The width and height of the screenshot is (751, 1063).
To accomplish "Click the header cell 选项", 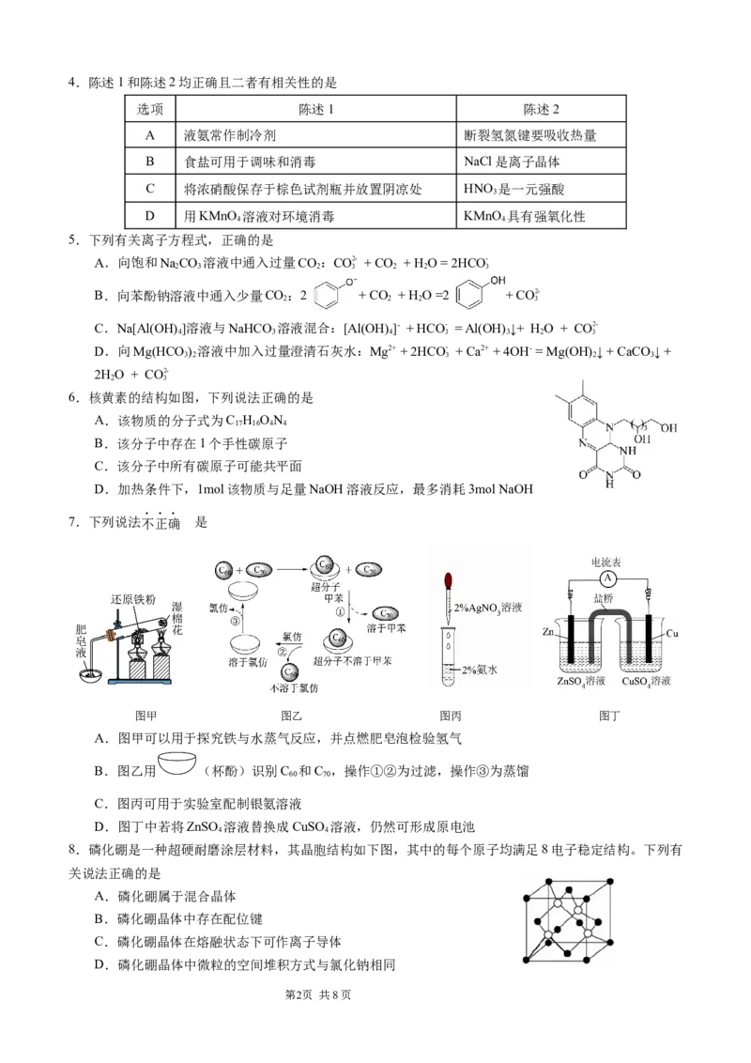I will pos(150,109).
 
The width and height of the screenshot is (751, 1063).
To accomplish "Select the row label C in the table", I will pos(150,189).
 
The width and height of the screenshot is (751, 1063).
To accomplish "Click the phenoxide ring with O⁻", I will pos(332,293).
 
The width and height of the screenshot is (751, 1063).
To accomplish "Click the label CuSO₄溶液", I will pos(647,681).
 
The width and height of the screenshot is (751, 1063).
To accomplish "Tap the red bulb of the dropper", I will pos(449,579).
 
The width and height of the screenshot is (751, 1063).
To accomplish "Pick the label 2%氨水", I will pos(482,670).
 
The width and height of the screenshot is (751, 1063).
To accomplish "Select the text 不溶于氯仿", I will pos(294,688).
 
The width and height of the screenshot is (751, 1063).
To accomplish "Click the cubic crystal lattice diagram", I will pos(571,919).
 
